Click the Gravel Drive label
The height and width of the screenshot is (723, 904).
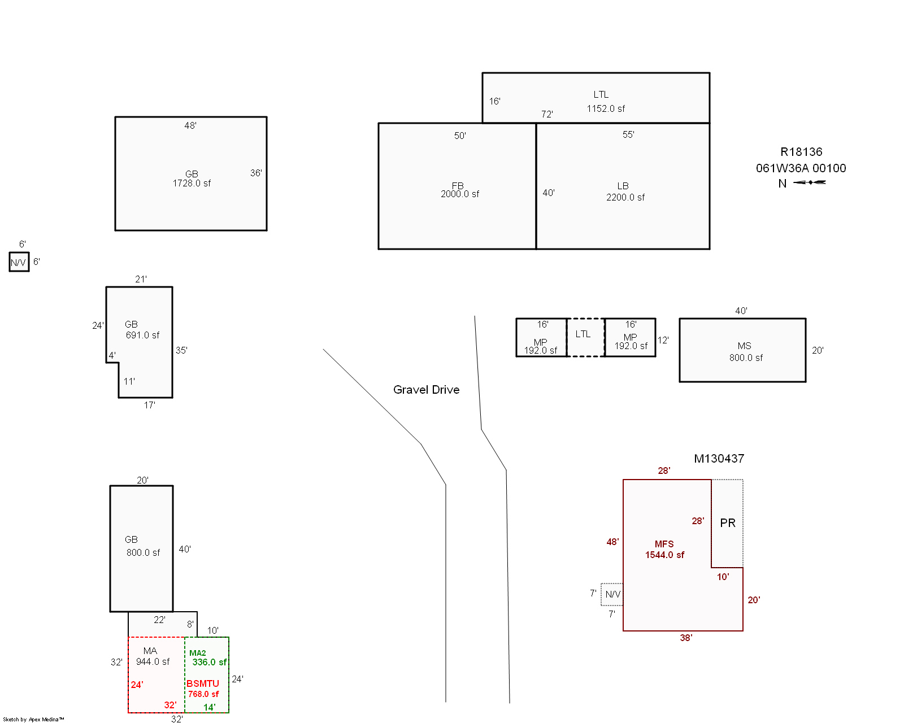[x=426, y=390]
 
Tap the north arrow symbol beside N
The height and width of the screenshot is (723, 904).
[x=809, y=182]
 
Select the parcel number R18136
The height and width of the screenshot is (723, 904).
[x=801, y=151]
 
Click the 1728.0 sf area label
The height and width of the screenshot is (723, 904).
[x=192, y=183]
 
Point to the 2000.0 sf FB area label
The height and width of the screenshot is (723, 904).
[x=459, y=194]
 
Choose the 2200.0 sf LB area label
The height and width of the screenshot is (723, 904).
[x=625, y=197]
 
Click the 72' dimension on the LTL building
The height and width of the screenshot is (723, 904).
[x=547, y=114]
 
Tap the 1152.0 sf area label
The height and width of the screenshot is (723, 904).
[x=606, y=109]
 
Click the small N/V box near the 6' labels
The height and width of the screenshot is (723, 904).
[x=19, y=262]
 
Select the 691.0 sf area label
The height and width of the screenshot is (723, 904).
[x=142, y=336]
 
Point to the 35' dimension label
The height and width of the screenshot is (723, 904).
[x=181, y=350]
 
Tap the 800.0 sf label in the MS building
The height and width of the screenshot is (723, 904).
[x=746, y=358]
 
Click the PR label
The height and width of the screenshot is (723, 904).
[x=728, y=523]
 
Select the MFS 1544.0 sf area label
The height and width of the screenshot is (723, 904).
[x=664, y=550]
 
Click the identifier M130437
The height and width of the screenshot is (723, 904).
[x=719, y=458]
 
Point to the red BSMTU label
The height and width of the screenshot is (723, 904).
[x=203, y=683]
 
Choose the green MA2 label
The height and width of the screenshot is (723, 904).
[x=197, y=653]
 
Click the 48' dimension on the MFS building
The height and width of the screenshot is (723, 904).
[x=612, y=542]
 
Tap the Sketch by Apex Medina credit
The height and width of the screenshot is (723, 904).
[x=33, y=719]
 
